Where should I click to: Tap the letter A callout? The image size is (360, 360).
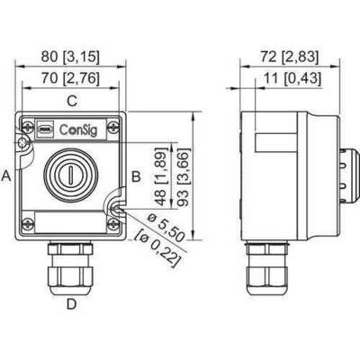point(7,176)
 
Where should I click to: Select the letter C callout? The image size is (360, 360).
point(72,100)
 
